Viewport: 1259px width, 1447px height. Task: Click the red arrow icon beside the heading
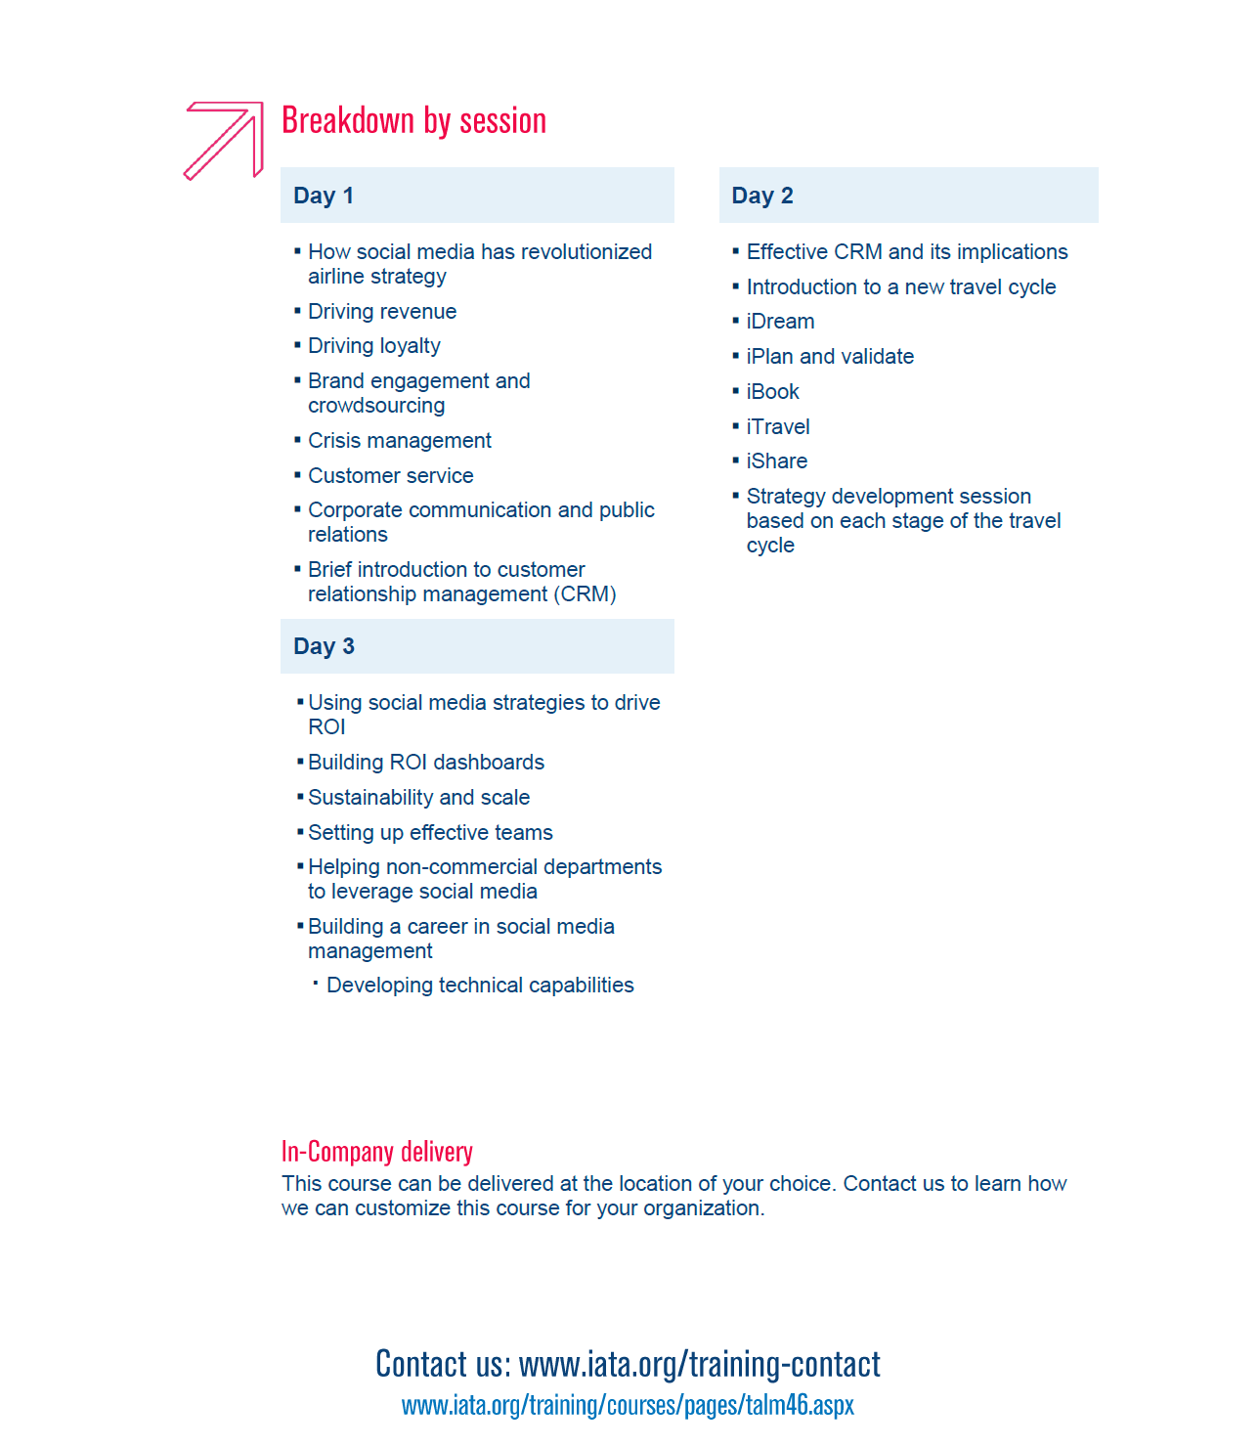coord(224,140)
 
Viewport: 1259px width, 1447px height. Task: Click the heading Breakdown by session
coord(413,120)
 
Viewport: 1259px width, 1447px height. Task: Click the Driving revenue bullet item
coord(382,312)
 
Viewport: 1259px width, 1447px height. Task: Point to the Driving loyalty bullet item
coord(374,346)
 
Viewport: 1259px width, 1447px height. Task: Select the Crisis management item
coord(400,441)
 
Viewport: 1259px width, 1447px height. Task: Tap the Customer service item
coord(391,476)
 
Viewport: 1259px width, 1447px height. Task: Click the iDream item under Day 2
coord(780,322)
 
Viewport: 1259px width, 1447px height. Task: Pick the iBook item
coord(772,392)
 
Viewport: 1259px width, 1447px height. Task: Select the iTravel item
coord(778,427)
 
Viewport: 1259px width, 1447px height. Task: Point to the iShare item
coord(777,461)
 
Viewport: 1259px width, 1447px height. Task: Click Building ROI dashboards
coord(426,763)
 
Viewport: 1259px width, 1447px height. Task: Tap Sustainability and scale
coord(418,798)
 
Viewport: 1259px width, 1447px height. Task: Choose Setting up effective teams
coord(430,833)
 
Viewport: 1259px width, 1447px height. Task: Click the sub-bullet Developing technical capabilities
coord(480,986)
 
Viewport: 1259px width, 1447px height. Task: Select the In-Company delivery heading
coord(377,1152)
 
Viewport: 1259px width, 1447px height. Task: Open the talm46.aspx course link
coord(628,1405)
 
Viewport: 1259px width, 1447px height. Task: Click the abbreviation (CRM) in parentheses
coord(585,594)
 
